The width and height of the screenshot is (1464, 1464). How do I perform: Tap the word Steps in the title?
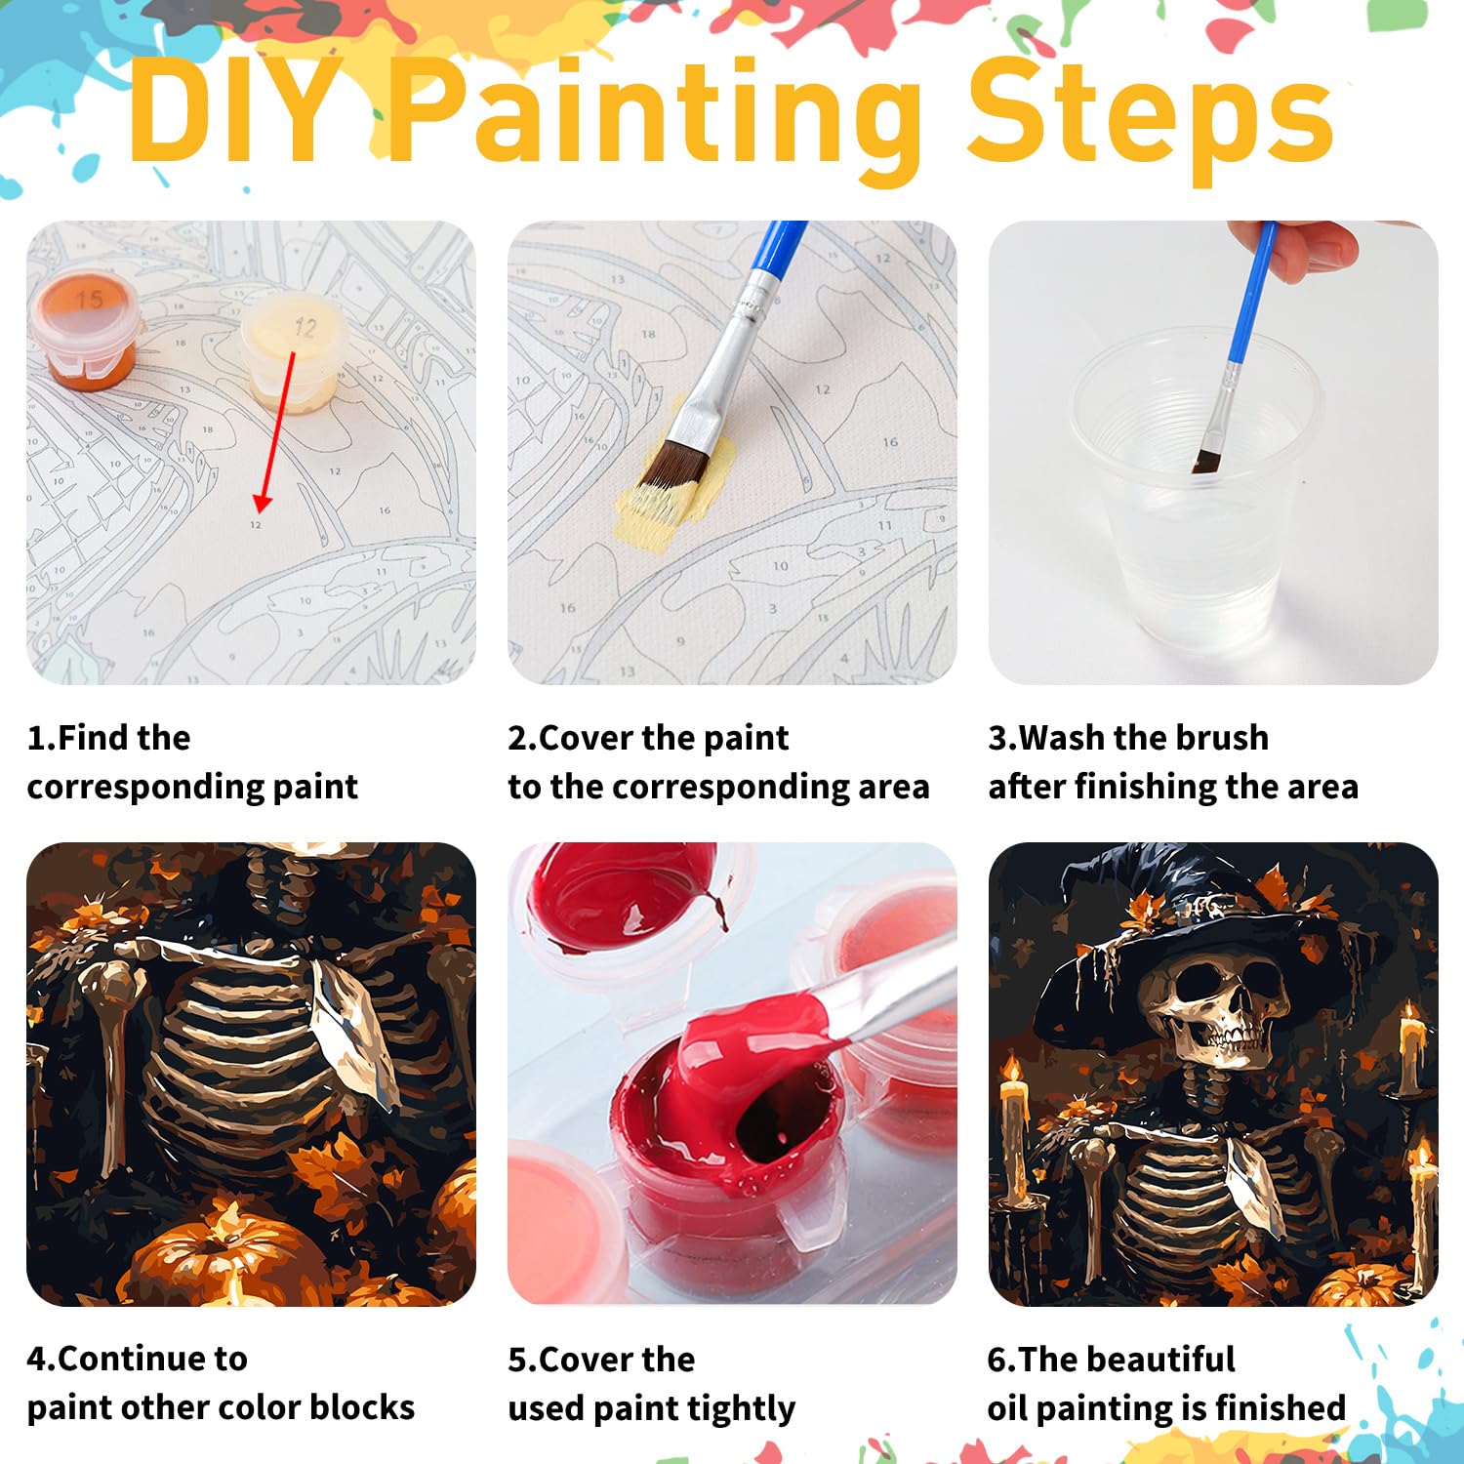point(1150,117)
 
